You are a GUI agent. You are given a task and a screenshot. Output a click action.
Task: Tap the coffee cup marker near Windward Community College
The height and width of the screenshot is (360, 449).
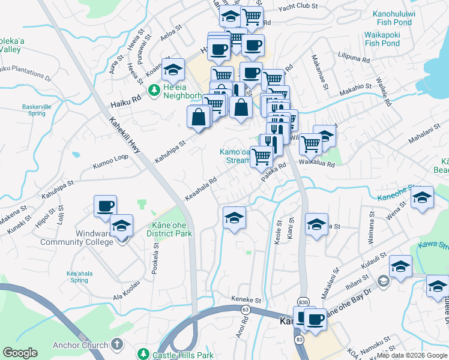[105, 206]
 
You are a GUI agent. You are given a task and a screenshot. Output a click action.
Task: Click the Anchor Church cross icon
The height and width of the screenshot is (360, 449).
[117, 345]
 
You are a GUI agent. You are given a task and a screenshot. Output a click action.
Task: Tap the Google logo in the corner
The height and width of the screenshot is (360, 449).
[20, 353]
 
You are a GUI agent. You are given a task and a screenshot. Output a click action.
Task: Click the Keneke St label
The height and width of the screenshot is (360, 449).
[247, 299]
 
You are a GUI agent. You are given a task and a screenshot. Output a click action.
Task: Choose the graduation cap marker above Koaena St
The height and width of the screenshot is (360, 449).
[173, 71]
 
